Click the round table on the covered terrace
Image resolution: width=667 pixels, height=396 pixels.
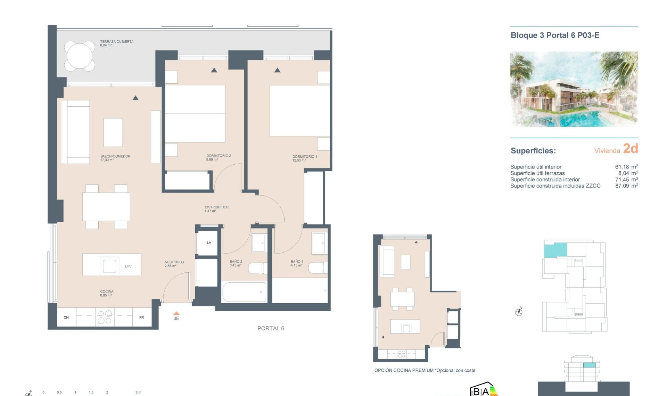[80, 56]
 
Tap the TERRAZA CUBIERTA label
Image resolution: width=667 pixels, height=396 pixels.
[117, 42]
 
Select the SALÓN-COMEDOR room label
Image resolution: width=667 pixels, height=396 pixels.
[115, 156]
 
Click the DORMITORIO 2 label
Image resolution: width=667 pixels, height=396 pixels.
[219, 156]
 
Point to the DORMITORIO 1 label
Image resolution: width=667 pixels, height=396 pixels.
[305, 157]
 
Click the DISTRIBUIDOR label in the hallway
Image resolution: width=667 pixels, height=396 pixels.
[216, 207]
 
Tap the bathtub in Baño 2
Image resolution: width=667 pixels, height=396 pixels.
[244, 292]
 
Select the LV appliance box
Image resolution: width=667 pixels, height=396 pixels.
[209, 243]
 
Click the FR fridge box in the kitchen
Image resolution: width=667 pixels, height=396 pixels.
[142, 317]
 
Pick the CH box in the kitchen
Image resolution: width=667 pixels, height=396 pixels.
[66, 317]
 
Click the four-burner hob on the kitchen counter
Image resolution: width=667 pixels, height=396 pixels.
[105, 317]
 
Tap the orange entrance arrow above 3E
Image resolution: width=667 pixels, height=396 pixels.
[176, 313]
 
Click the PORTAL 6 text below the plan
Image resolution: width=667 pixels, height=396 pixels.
[271, 328]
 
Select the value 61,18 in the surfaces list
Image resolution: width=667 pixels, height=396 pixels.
[622, 167]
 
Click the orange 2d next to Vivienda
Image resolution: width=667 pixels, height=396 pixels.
[630, 149]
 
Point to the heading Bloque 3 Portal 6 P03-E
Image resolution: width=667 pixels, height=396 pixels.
[555, 35]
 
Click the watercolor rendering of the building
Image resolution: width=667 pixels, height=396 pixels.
[574, 89]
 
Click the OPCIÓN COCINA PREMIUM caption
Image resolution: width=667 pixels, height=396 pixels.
[425, 370]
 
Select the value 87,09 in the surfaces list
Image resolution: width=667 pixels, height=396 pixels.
[622, 186]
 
